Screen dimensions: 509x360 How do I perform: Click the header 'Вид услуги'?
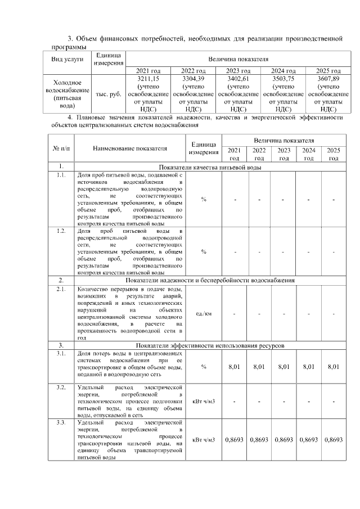(x=67, y=59)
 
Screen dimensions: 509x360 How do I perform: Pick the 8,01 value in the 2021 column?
(x=234, y=367)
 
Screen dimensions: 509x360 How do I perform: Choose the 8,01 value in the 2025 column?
(x=334, y=367)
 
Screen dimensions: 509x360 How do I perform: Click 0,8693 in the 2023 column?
(x=283, y=439)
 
